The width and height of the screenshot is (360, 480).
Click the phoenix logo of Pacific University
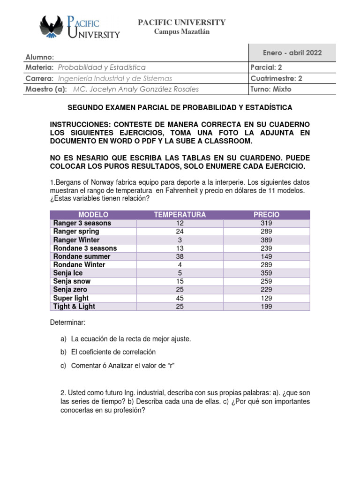(x=52, y=27)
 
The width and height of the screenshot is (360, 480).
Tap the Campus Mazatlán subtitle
(x=182, y=32)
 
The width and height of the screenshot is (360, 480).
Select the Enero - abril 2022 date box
(x=292, y=52)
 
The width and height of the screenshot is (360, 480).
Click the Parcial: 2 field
(x=267, y=67)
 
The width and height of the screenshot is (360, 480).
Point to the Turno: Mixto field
(x=271, y=89)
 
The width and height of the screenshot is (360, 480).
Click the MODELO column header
(x=93, y=215)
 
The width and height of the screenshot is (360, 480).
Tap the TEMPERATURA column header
(x=180, y=215)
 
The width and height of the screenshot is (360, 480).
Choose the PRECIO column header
(x=266, y=215)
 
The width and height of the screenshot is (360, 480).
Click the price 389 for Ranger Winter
(x=266, y=240)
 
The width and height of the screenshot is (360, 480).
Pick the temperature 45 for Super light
(x=180, y=298)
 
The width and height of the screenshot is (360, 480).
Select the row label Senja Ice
(x=68, y=273)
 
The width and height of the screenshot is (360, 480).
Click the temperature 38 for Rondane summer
(x=180, y=256)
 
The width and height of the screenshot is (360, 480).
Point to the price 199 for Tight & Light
(x=266, y=307)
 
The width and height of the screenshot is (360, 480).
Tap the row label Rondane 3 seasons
(x=85, y=248)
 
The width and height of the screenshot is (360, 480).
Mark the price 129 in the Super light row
(x=266, y=298)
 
